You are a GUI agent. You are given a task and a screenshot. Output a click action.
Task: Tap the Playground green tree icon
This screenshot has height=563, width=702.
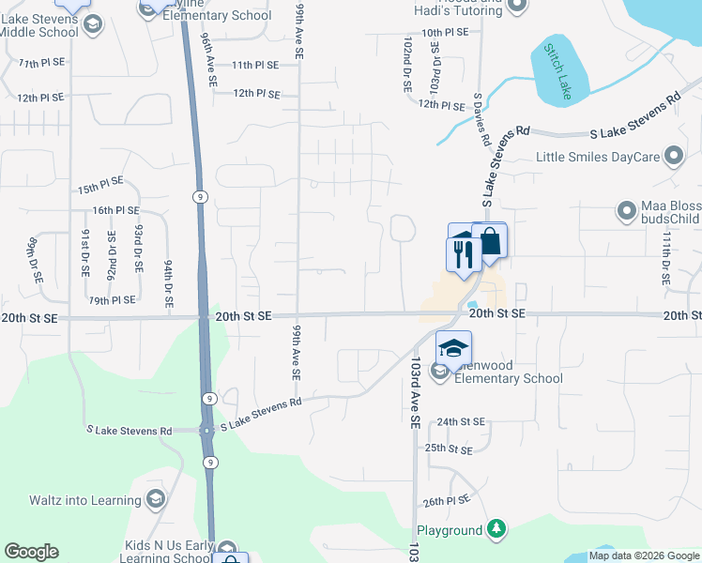point(497,531)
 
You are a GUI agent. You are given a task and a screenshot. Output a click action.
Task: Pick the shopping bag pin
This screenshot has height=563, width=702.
point(490,241)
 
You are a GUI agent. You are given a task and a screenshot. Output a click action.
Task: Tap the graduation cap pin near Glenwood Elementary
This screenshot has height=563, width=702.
point(453,349)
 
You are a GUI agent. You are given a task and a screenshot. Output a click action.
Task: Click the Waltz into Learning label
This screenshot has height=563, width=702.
point(84,500)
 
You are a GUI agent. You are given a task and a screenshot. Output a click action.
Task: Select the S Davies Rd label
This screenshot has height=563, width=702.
point(482,117)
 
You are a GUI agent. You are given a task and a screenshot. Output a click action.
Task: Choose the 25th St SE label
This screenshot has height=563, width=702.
point(448,449)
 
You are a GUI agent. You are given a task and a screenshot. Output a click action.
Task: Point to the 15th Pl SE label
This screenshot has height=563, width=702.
point(100,188)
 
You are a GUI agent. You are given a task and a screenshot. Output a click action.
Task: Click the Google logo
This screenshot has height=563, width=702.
point(31,552)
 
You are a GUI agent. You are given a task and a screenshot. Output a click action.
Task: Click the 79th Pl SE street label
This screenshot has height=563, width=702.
point(112,300)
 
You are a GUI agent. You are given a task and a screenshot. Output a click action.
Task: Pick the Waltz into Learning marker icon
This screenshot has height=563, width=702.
point(156,497)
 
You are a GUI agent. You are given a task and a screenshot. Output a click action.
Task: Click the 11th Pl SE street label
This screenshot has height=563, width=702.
point(255,65)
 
